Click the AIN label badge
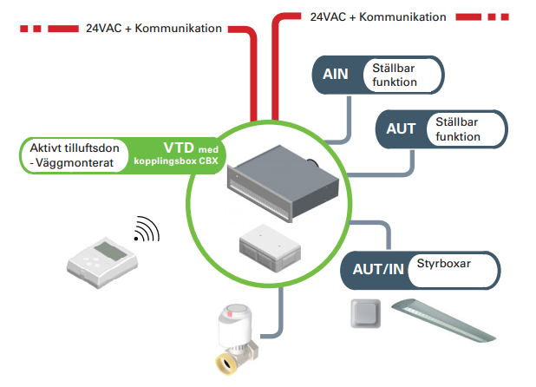coord(336,75)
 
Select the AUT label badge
coord(401,129)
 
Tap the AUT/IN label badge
coord(376,270)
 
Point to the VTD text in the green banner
coord(180,147)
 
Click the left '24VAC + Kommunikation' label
coord(154,29)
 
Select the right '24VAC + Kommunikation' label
coord(377,16)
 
